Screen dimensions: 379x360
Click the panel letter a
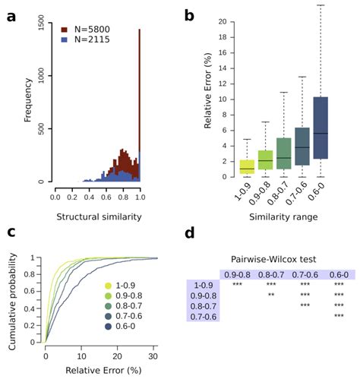pos(11,14)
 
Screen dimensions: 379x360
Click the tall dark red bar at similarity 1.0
pos(140,106)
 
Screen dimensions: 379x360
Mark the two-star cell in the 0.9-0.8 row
pos(270,295)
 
